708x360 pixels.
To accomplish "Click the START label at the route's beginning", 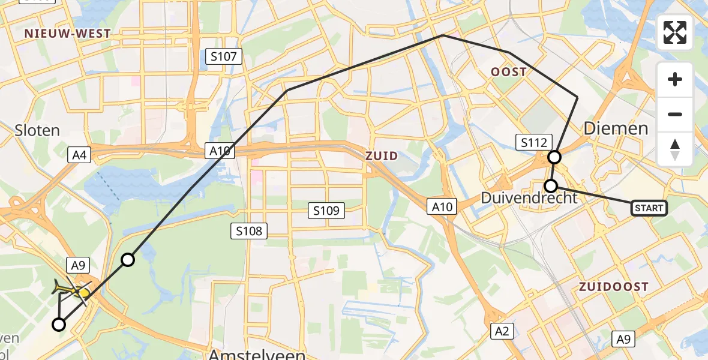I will click(649, 208).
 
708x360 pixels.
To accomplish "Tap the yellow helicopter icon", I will click(71, 290).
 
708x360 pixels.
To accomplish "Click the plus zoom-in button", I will click(675, 79).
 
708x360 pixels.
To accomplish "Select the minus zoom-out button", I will click(675, 114).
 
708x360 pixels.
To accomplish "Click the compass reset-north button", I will click(675, 149).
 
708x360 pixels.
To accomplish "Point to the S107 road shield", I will click(223, 57).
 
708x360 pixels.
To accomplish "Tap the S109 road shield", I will click(326, 210).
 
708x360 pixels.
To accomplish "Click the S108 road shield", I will click(249, 230).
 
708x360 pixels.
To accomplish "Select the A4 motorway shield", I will click(80, 156).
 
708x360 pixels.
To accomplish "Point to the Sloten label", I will click(37, 130).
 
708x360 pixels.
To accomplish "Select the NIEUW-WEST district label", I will click(68, 34).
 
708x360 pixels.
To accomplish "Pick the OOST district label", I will click(508, 72).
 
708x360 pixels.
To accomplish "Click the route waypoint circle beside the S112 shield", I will click(554, 157).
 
